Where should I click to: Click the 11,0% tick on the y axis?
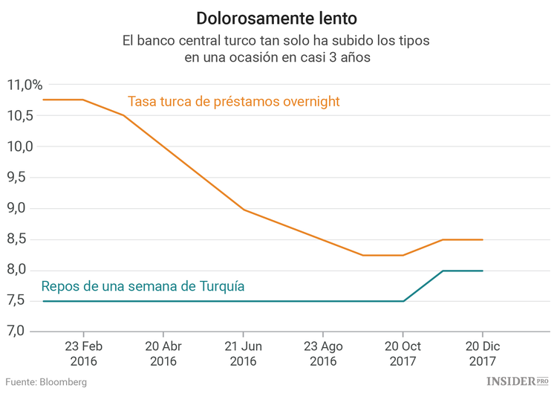point(25,85)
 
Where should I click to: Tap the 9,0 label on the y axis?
point(20,209)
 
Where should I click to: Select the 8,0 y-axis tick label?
point(20,270)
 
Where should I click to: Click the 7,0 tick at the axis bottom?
point(20,332)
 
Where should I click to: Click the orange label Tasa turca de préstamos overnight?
point(234,101)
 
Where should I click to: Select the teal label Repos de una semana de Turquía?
point(143,286)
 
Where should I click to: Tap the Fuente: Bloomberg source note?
point(46,381)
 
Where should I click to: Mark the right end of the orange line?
point(483,239)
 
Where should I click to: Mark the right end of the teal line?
point(483,271)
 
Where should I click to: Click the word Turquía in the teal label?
point(221,286)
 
